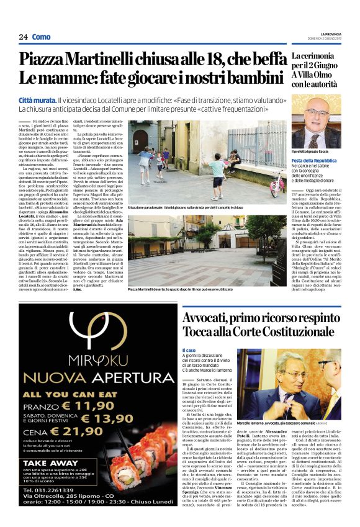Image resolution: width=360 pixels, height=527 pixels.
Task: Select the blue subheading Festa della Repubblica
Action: pyautogui.click(x=314, y=160)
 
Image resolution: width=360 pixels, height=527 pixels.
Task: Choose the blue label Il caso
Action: pyautogui.click(x=189, y=350)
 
